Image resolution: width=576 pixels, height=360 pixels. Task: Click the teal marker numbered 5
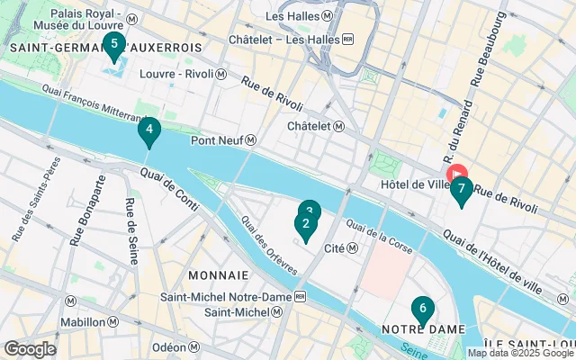tap(113, 45)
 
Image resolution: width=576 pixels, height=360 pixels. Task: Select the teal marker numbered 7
tap(461, 190)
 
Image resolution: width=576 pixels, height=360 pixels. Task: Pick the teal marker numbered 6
tap(422, 310)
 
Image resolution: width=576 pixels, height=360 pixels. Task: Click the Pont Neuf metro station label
tap(224, 140)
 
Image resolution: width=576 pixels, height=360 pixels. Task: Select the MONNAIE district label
tap(218, 274)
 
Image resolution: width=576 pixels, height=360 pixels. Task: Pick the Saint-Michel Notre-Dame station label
tap(233, 296)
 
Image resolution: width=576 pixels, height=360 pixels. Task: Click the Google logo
tap(30, 349)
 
